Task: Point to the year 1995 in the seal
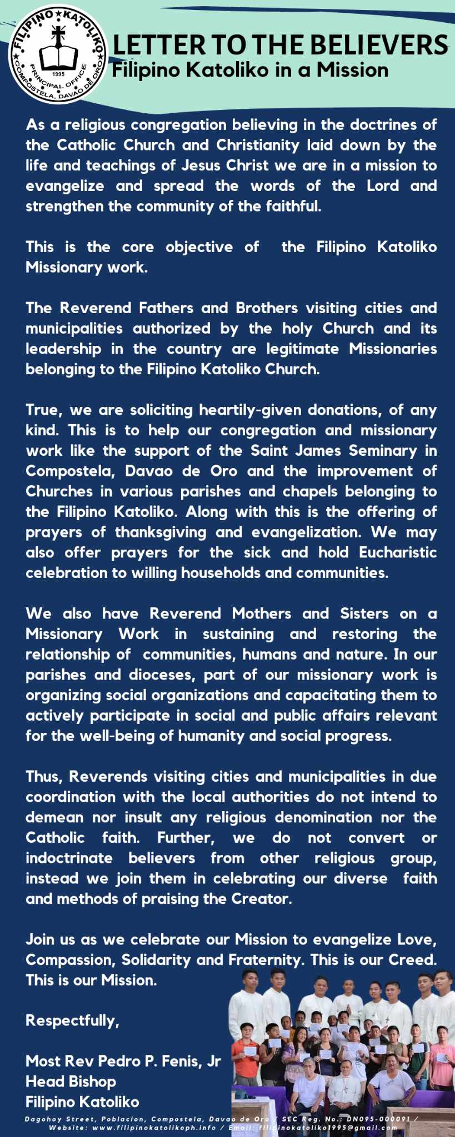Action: pos(58,73)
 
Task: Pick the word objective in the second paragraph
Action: pos(199,247)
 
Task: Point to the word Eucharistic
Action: pos(397,552)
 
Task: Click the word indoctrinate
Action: pos(69,858)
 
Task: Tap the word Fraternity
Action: pos(261,959)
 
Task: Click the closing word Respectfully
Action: pos(72,1020)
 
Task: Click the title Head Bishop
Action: pos(71,1081)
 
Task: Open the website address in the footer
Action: pos(154,1128)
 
